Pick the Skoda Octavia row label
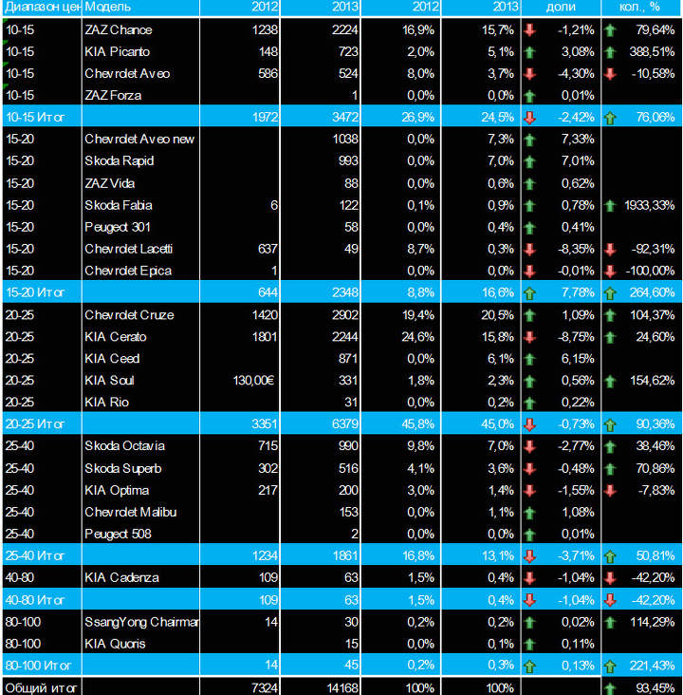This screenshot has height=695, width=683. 124,446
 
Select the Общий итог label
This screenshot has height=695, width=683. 41,686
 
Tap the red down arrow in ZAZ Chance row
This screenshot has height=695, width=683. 529,29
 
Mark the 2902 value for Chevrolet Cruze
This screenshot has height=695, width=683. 348,314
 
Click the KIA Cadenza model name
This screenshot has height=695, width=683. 121,577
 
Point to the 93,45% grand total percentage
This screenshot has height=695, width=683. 655,686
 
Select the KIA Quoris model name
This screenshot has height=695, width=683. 115,644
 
